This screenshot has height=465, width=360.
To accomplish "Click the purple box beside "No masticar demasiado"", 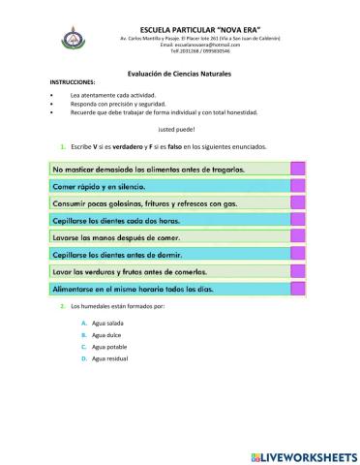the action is coord(298,168).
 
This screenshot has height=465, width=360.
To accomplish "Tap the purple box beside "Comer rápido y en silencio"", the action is coord(298,185).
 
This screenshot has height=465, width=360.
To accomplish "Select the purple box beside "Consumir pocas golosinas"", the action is coord(298,202).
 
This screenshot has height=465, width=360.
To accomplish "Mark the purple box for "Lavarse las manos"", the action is coord(298,237).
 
